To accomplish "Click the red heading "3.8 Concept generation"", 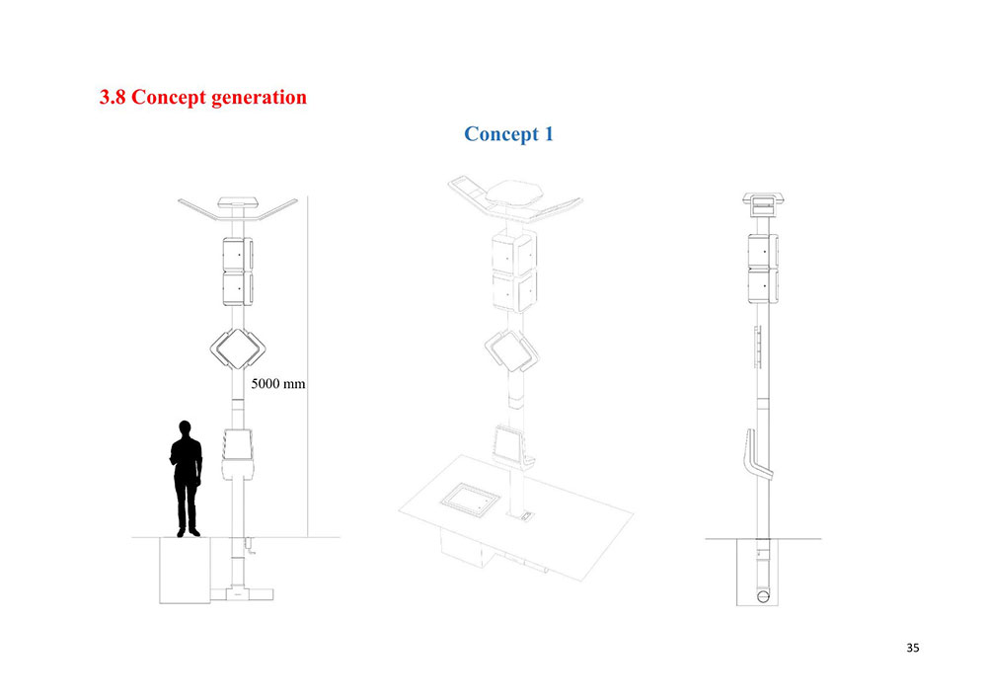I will (x=203, y=98).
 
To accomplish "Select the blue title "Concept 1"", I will (x=508, y=133).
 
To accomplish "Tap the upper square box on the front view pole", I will (x=238, y=254).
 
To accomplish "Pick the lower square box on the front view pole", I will (x=238, y=288).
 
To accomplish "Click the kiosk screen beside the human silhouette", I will (x=239, y=446).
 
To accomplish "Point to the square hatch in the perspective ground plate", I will (x=467, y=499).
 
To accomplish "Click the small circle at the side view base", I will (x=762, y=596).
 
